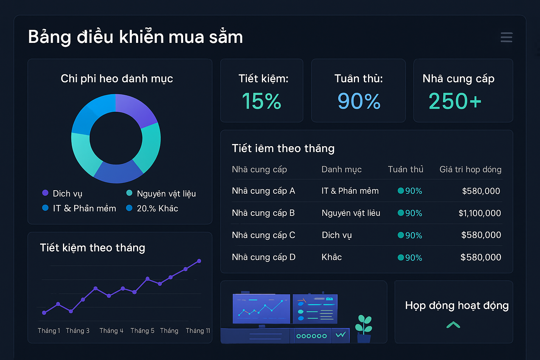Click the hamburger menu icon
click(x=506, y=37)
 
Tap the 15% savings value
click(x=262, y=101)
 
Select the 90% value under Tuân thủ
click(x=359, y=101)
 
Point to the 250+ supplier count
click(x=455, y=101)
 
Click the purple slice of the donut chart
click(x=137, y=109)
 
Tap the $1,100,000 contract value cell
click(x=480, y=213)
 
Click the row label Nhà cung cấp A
click(x=263, y=191)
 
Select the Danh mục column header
click(x=341, y=169)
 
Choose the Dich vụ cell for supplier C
click(x=337, y=235)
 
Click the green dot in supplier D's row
click(x=400, y=258)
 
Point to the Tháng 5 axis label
click(x=142, y=331)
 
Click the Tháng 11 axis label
click(x=198, y=331)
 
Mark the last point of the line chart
click(x=199, y=261)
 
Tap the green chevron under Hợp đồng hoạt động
click(x=453, y=325)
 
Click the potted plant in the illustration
click(x=364, y=329)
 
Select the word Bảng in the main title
click(x=50, y=37)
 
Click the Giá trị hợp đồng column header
click(x=470, y=169)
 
